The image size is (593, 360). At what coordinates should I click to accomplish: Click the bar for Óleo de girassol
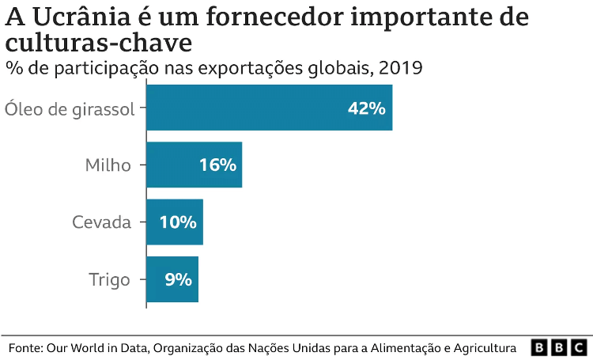[269, 108]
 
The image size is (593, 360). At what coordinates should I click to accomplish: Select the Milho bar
[194, 165]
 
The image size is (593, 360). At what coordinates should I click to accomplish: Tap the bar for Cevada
[175, 222]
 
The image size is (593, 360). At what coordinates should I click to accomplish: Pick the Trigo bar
[172, 279]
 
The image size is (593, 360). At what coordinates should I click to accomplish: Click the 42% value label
[366, 108]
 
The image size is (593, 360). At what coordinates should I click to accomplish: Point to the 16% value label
[217, 165]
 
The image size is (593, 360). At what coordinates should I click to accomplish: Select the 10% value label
[178, 222]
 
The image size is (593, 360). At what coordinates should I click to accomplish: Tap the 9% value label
[179, 279]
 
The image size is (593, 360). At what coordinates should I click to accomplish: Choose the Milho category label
[108, 165]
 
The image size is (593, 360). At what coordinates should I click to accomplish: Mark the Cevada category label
[101, 222]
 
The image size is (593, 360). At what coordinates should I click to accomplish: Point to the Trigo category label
[109, 279]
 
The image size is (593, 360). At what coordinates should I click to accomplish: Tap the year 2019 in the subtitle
[400, 69]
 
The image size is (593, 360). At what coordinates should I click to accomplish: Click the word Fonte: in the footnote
[25, 347]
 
